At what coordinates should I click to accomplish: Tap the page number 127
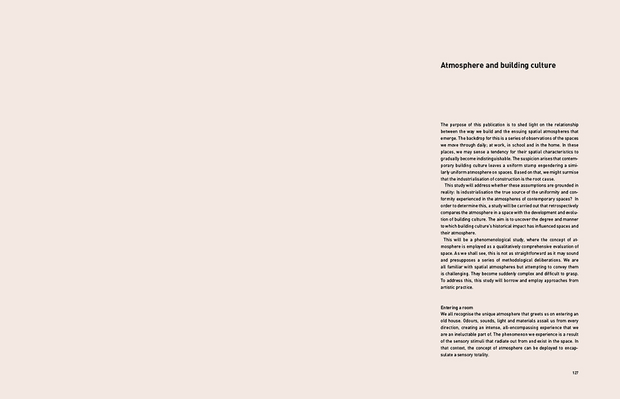pyautogui.click(x=575, y=373)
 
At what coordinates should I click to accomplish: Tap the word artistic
pyautogui.click(x=451, y=287)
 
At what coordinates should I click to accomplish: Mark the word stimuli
pyautogui.click(x=491, y=341)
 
